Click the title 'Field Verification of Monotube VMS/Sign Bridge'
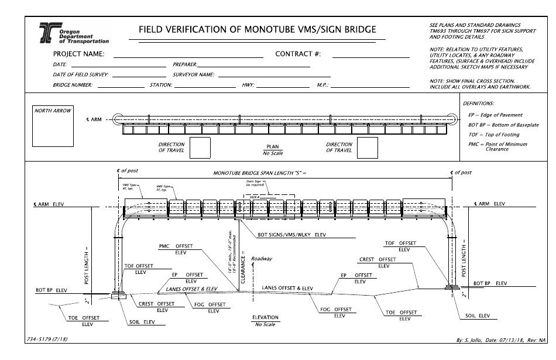click(x=257, y=29)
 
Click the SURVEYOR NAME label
click(x=194, y=75)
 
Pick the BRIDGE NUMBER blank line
click(x=121, y=86)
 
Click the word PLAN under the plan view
click(x=273, y=148)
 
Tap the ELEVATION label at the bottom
click(x=265, y=317)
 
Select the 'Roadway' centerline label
click(x=262, y=258)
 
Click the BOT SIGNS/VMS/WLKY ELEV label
click(x=291, y=236)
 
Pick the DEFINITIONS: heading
click(x=478, y=103)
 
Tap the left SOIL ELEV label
click(x=140, y=321)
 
